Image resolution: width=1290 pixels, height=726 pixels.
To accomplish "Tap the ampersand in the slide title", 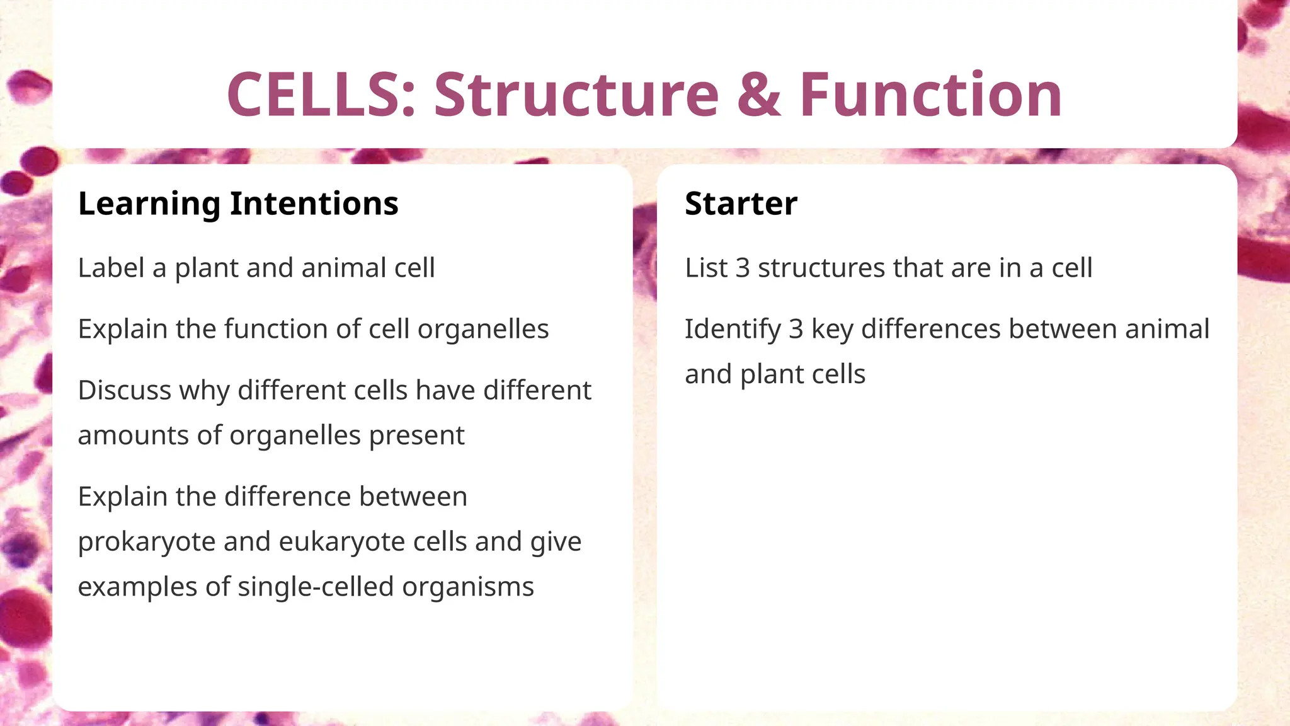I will [759, 95].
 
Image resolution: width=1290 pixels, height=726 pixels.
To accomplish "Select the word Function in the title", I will [931, 95].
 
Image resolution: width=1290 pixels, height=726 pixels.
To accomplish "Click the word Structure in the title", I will [576, 95].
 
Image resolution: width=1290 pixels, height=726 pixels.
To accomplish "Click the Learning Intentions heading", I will [238, 204].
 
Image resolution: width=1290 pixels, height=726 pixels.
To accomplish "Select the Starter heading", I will [741, 204].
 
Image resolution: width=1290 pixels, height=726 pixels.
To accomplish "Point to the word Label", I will [111, 268].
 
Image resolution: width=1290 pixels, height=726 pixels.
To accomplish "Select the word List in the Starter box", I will [706, 268].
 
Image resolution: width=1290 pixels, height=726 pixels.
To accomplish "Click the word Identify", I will [733, 330].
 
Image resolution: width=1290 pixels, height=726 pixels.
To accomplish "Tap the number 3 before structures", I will [743, 268].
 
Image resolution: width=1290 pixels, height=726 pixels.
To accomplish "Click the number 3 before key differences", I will [796, 330].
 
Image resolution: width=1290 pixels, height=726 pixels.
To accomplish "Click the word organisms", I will [468, 587].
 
